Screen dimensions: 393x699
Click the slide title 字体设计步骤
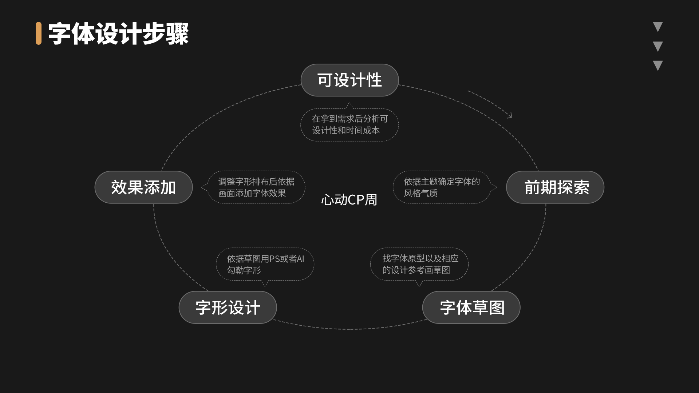(118, 34)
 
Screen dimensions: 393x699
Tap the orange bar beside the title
(39, 33)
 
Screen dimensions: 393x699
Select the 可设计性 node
(349, 80)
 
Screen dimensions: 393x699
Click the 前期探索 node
(555, 187)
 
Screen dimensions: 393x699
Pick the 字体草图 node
(471, 307)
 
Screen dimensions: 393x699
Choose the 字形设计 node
(228, 307)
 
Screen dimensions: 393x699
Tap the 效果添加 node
(143, 187)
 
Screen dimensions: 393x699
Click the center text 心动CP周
(349, 199)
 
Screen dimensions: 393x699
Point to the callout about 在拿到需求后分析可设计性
(349, 124)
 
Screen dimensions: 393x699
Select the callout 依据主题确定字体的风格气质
(442, 187)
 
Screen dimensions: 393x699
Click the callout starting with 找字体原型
(419, 264)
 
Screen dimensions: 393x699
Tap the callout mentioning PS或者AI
(265, 264)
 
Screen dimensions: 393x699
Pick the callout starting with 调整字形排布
(256, 187)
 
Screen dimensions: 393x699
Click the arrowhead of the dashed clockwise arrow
(510, 116)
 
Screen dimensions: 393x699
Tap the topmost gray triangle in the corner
(657, 26)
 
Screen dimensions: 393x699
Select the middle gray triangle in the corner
(657, 46)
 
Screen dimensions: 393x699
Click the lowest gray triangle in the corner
(657, 65)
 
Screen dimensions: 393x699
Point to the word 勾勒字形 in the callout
(244, 270)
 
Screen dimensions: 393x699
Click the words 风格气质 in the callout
(420, 193)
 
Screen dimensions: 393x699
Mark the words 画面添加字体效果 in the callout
(252, 193)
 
